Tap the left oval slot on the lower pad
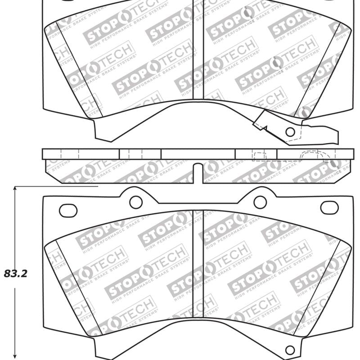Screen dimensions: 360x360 tap(68, 209)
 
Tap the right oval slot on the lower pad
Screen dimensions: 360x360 tap(329, 207)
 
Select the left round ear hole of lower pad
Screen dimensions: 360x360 tap(136, 202)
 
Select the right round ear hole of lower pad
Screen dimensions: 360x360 tap(260, 202)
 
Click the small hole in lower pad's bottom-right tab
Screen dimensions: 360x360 tap(290, 350)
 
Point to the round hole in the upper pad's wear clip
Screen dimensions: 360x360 tap(290, 132)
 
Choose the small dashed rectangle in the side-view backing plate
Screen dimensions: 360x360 tap(259, 156)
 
